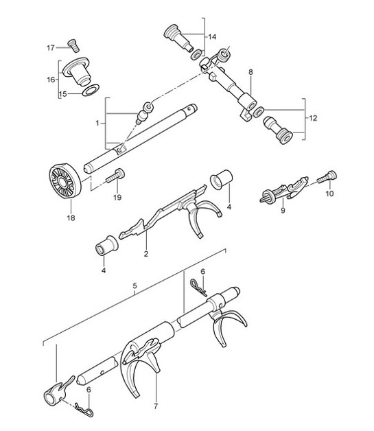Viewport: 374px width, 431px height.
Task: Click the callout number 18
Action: click(x=71, y=218)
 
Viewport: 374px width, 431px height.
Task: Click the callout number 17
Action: click(x=50, y=48)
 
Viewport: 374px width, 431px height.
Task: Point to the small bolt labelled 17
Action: click(x=71, y=46)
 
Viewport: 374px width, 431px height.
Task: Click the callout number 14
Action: click(x=211, y=36)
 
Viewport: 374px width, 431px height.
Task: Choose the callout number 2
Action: click(x=146, y=253)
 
